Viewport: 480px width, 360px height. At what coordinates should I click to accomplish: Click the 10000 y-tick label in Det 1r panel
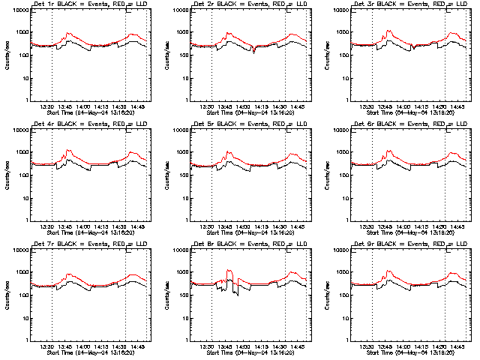point(19,10)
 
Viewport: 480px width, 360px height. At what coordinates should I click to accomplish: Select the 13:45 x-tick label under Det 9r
point(385,346)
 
